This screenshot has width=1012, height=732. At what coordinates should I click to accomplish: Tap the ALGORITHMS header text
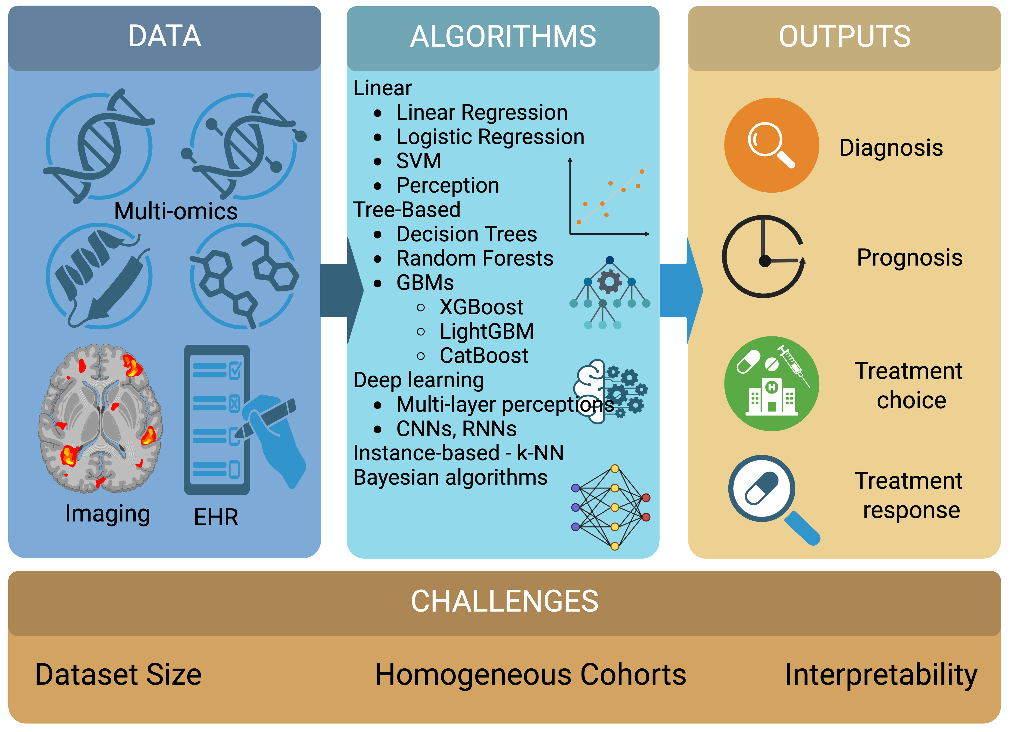pyautogui.click(x=503, y=37)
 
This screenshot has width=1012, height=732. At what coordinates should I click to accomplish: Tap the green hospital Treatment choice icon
pyautogui.click(x=771, y=384)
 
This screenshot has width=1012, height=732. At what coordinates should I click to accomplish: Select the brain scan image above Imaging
pyautogui.click(x=100, y=418)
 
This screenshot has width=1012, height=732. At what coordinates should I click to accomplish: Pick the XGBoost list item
pyautogui.click(x=481, y=307)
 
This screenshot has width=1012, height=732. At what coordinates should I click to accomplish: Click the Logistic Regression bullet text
pyautogui.click(x=490, y=137)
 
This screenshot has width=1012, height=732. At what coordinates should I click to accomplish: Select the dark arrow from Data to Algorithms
pyautogui.click(x=341, y=290)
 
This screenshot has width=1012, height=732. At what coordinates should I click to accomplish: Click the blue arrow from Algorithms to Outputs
pyautogui.click(x=680, y=290)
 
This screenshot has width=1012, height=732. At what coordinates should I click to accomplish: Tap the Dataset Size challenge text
pyautogui.click(x=118, y=674)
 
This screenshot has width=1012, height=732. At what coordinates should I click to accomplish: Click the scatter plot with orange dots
pyautogui.click(x=609, y=199)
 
